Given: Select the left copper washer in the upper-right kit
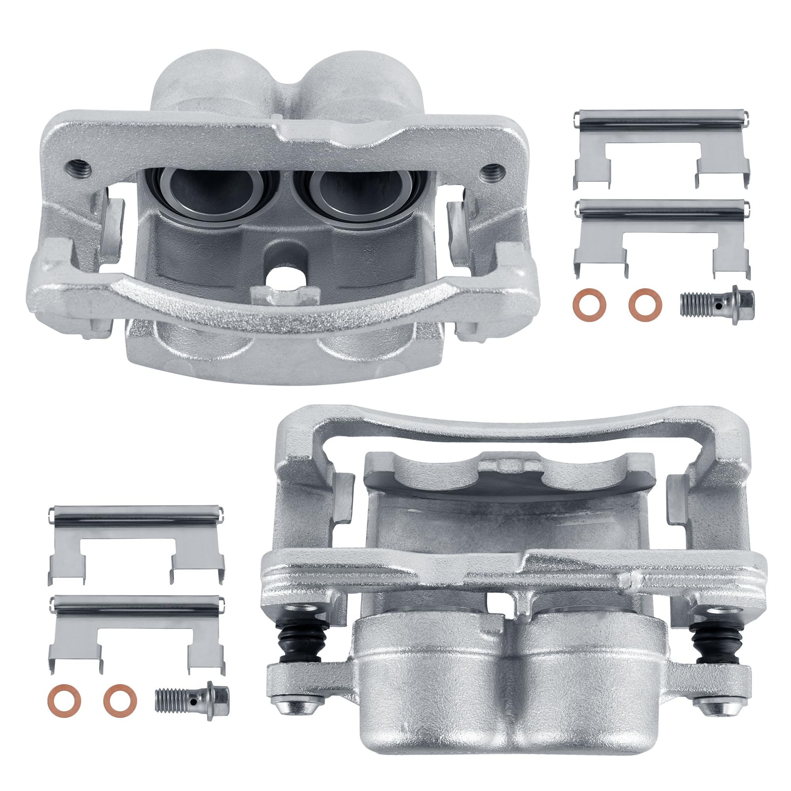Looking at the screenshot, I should (590, 305).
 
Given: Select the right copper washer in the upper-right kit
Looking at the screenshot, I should (645, 305).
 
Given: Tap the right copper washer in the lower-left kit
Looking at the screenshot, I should (120, 700).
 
